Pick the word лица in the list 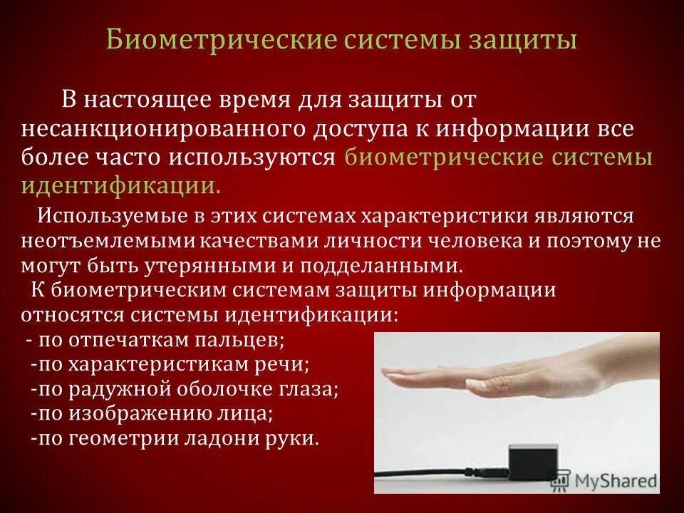252,414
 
